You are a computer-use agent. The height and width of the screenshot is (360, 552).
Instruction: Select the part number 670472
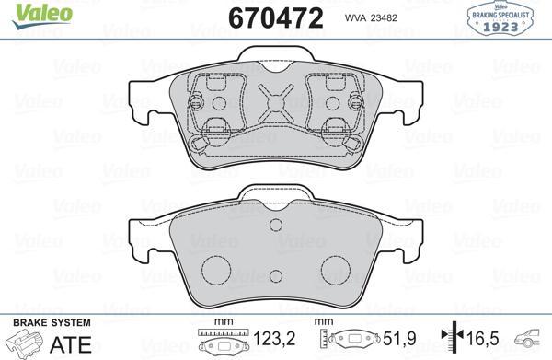(x=273, y=17)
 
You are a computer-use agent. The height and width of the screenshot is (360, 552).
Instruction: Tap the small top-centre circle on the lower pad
(x=276, y=229)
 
